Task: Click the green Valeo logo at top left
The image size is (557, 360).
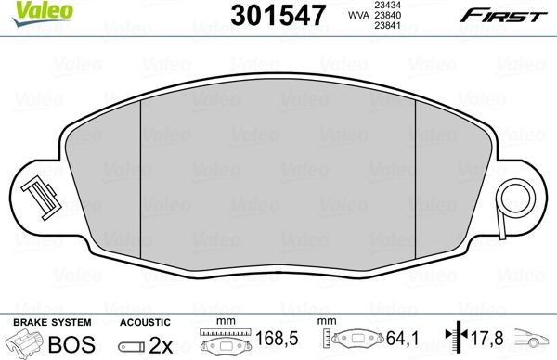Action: click(x=31, y=10)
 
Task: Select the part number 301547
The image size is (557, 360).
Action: click(x=269, y=15)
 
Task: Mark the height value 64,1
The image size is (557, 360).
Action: click(x=399, y=339)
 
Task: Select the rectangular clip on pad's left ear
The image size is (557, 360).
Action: click(x=38, y=196)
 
